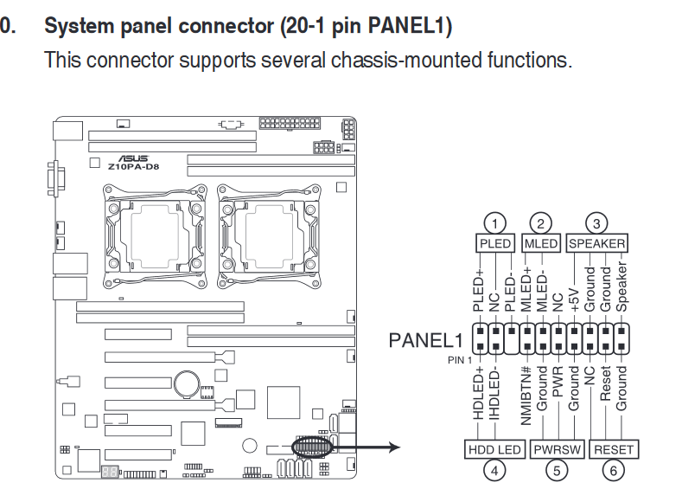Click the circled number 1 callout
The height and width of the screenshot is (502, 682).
[x=494, y=223]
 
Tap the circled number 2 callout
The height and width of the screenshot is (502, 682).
[x=541, y=223]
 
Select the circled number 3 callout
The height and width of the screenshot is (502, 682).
[x=596, y=223]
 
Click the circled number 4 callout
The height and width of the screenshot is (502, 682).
[x=494, y=470]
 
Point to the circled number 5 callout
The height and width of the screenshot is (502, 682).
[x=558, y=470]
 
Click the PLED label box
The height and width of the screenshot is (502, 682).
[x=495, y=243]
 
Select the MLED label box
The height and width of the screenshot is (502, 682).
[x=541, y=243]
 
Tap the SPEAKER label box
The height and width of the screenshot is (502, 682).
[x=596, y=243]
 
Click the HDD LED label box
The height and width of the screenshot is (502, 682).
[x=494, y=449]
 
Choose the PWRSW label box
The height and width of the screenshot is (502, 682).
[x=558, y=449]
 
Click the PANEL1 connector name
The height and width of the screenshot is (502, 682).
[x=426, y=340]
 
